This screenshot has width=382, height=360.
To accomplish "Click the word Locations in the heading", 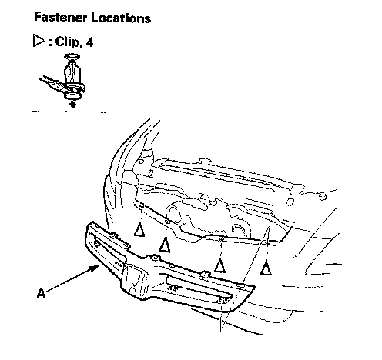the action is [121, 18].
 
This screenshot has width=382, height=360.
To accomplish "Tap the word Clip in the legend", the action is [68, 42].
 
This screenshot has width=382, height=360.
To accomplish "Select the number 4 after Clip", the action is [89, 42].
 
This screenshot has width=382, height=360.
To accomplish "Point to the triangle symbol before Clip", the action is [39, 41].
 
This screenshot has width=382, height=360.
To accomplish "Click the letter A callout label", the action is [42, 292].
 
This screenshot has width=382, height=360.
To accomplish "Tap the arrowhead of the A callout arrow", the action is [96, 268].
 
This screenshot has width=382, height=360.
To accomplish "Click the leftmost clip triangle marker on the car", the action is [139, 229].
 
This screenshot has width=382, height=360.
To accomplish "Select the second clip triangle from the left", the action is [164, 245].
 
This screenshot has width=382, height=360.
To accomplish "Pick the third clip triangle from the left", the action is [219, 265].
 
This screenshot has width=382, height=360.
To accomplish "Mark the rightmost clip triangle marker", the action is [266, 268].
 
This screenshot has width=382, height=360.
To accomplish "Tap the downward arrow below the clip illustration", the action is [73, 104].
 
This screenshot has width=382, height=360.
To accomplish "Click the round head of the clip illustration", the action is [72, 95].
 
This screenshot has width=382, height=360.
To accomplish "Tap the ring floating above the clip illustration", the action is [72, 56].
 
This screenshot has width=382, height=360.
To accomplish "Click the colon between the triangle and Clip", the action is [50, 43].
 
